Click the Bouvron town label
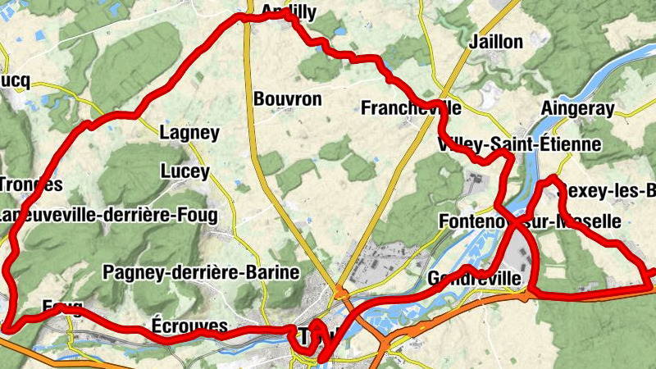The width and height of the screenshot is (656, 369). pyautogui.click(x=288, y=99)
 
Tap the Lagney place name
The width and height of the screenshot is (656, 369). pyautogui.click(x=189, y=133)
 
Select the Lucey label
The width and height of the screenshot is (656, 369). pyautogui.click(x=184, y=172)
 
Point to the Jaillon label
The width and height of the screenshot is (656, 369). pyautogui.click(x=495, y=42)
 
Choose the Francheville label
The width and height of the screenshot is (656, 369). pyautogui.click(x=410, y=107)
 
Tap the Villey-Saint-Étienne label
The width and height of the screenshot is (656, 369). pyautogui.click(x=520, y=145)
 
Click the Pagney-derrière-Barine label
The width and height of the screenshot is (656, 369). pyautogui.click(x=201, y=272)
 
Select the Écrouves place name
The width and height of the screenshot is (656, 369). pyautogui.click(x=189, y=326)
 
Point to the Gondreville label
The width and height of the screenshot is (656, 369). pyautogui.click(x=474, y=280)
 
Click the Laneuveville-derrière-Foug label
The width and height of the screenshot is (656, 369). pyautogui.click(x=109, y=216)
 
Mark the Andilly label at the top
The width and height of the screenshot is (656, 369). pyautogui.click(x=289, y=11)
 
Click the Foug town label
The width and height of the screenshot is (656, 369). pyautogui.click(x=61, y=307)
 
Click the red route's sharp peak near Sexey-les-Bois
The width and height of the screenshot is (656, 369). pyautogui.click(x=553, y=178)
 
